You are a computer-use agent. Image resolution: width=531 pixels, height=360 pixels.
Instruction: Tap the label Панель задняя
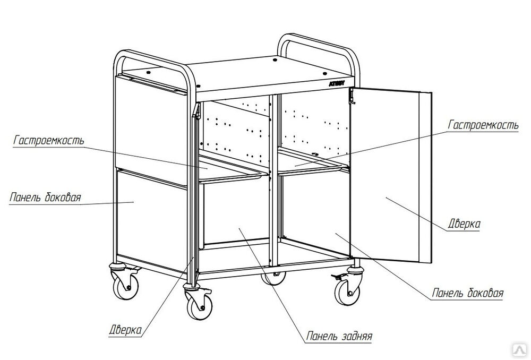(339, 336)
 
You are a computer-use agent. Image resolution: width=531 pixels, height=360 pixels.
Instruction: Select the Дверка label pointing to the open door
(464, 224)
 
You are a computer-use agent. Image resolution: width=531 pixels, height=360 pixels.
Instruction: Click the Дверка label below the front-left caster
(125, 330)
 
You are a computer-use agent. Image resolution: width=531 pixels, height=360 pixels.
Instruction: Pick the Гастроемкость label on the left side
(48, 140)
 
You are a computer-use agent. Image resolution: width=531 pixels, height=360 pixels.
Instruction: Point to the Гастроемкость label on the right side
(483, 125)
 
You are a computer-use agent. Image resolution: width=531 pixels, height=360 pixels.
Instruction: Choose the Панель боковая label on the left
(45, 197)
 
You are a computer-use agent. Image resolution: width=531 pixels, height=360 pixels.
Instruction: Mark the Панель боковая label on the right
(468, 293)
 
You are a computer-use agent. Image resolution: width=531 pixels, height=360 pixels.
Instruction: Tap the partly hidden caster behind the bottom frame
(273, 278)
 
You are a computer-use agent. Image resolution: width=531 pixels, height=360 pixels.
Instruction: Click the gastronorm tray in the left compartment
(230, 171)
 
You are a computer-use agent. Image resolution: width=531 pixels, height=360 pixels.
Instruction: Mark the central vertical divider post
(273, 179)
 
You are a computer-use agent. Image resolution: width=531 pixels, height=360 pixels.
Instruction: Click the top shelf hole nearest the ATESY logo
(324, 73)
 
